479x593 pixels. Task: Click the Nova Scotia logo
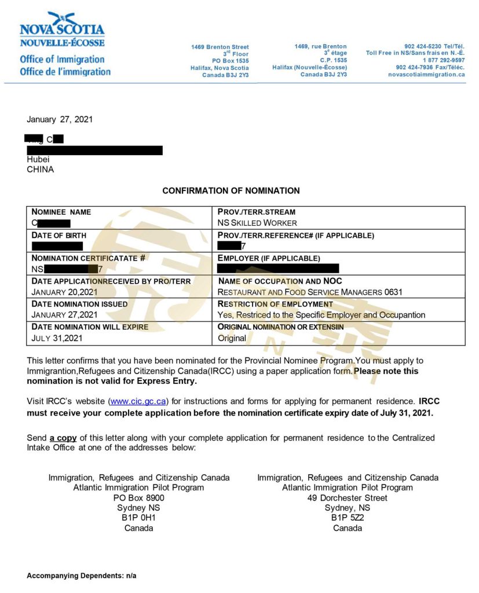point(63,30)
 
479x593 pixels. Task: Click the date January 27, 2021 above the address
point(60,120)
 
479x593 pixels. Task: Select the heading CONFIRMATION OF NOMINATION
point(231,191)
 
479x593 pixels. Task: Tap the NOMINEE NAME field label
point(61,212)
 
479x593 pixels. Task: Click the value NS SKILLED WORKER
point(257,223)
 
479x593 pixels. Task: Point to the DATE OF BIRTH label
point(58,235)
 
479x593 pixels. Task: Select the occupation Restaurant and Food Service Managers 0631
point(310,292)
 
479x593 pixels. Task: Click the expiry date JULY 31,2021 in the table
point(57,338)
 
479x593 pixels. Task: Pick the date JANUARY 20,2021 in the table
point(65,292)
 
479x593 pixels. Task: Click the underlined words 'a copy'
point(63,438)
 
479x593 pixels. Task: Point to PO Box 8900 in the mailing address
point(139,497)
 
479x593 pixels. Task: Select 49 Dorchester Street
point(348,497)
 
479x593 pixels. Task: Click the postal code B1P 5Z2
point(348,518)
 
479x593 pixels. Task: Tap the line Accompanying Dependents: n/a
point(82,576)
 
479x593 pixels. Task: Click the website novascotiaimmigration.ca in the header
point(426,75)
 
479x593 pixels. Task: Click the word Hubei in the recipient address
point(38,159)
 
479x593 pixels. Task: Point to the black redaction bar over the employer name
point(278,268)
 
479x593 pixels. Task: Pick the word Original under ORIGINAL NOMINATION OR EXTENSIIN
point(232,338)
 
